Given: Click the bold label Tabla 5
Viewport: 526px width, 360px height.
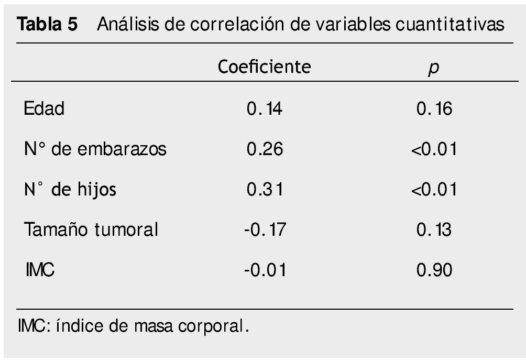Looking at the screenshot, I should point(48,25).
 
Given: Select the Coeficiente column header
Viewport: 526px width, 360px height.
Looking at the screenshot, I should point(264,67).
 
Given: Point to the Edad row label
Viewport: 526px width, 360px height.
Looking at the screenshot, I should point(43,109).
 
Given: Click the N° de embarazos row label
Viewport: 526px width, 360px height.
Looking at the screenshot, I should point(95,149).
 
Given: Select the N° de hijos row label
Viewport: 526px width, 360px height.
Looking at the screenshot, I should point(70,189).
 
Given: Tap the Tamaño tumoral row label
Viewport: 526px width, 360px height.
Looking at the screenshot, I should point(90,230).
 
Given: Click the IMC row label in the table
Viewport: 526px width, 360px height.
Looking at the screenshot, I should point(40,270).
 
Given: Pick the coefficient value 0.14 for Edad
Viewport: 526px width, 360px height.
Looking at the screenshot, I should point(264,109).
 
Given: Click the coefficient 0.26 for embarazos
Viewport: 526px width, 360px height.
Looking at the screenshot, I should point(265,149).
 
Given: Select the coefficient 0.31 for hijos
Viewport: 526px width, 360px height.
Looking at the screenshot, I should point(265,189).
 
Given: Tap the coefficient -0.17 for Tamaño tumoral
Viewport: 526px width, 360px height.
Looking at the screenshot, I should point(265,230).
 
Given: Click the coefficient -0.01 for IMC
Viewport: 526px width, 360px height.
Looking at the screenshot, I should point(265,270).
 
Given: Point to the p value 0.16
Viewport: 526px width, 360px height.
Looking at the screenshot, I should point(434,109).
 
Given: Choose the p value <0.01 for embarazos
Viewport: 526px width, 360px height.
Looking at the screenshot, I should point(434,149).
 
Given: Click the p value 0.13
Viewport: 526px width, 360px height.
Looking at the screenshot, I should point(434,230).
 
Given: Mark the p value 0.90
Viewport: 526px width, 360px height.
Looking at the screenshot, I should point(434,270).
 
